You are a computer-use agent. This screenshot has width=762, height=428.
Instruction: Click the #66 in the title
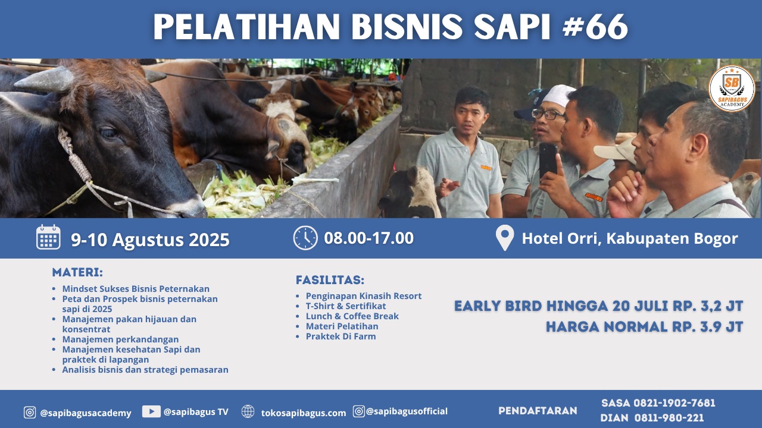595,27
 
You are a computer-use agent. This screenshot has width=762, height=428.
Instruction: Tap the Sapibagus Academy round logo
732,89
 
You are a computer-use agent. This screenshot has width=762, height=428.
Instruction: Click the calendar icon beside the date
48,237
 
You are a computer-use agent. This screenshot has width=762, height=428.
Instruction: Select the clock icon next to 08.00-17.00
305,238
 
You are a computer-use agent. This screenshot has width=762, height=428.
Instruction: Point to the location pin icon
505,238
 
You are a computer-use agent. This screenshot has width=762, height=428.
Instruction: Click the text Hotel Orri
559,238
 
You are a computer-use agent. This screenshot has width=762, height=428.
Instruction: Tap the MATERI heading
77,272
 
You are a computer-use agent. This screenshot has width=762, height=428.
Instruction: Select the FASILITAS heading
330,280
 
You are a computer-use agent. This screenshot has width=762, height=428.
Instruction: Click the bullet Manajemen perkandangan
120,339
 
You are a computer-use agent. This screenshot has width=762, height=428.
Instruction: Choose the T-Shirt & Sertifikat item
346,306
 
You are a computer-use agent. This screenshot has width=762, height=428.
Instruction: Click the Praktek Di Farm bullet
341,336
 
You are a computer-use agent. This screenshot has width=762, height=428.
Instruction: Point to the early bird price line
598,306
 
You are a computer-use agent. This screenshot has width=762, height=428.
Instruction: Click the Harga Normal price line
644,327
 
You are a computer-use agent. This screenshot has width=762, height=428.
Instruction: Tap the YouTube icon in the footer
151,411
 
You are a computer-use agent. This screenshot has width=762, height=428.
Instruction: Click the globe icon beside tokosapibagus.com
248,411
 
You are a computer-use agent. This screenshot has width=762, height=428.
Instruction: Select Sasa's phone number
674,403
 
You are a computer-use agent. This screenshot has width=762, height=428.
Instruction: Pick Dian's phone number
669,417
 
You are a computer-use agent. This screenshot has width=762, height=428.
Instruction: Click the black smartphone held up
548,160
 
